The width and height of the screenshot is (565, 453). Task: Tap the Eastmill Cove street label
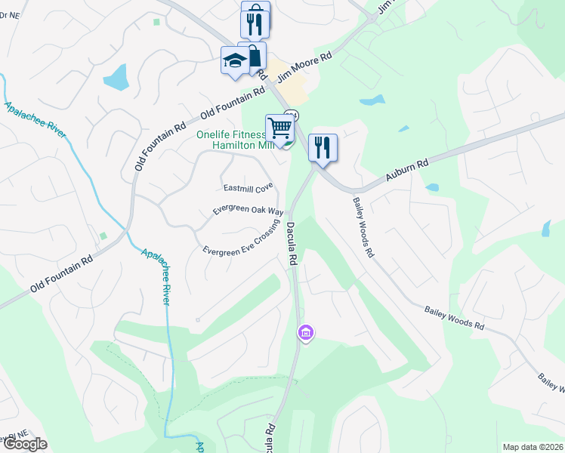[x=248, y=187]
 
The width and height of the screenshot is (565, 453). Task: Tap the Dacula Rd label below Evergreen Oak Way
[x=292, y=242]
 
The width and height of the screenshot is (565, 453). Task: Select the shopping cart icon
[x=279, y=128]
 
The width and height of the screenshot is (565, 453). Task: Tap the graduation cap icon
[x=235, y=60]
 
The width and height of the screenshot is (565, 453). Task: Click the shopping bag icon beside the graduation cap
[x=254, y=54]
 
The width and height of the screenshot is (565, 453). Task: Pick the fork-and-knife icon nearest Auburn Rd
[x=323, y=147]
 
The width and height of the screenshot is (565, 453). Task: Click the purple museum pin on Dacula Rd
[x=305, y=332]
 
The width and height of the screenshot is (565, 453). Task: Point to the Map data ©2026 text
[x=533, y=447]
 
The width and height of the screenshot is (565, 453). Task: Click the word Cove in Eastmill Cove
[x=263, y=186]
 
